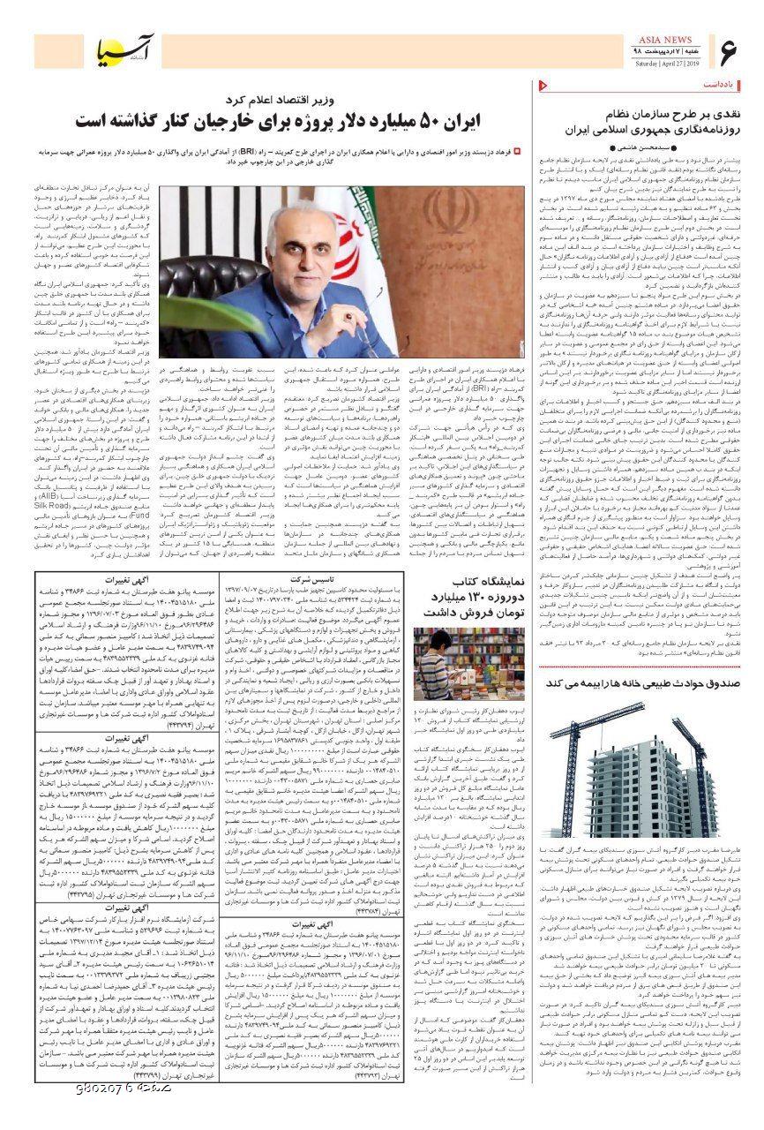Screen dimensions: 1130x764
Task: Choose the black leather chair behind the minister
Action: [x=207, y=282]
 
